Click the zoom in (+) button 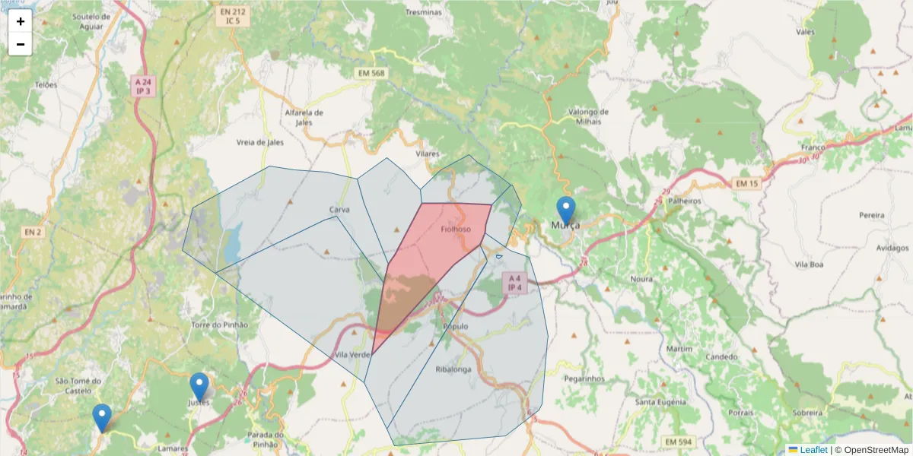[x=21, y=21]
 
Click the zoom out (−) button [x=21, y=44]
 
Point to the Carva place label [x=339, y=209]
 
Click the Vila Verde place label [x=352, y=355]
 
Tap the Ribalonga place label [x=453, y=369]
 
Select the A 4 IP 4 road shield [x=515, y=283]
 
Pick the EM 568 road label [x=371, y=73]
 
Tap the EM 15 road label [x=747, y=184]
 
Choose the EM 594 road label [x=678, y=442]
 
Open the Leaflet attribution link [x=813, y=450]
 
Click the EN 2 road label [x=32, y=231]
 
